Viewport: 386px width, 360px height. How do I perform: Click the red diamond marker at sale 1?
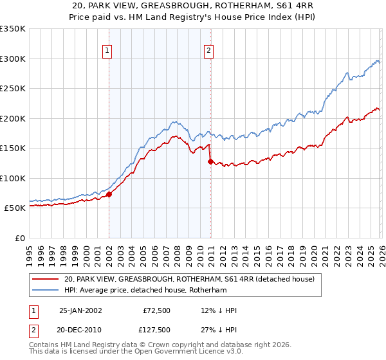(109, 194)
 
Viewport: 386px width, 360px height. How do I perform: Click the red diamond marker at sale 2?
(210, 161)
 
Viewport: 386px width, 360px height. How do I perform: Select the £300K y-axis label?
(12, 59)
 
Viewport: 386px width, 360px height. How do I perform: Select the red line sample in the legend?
(45, 279)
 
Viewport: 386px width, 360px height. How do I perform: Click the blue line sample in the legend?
(45, 291)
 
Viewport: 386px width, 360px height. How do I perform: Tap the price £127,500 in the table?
(156, 330)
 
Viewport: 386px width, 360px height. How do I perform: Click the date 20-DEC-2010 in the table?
(80, 330)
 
